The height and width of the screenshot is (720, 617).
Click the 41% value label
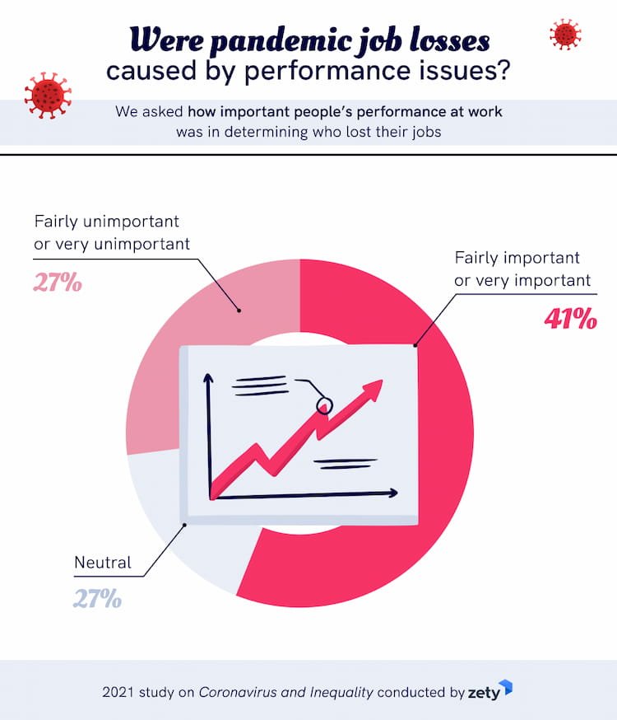point(570,319)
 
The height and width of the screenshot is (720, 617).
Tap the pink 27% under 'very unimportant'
point(58,283)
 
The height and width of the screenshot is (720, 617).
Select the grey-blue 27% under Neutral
point(97,598)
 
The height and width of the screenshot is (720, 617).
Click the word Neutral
point(103,563)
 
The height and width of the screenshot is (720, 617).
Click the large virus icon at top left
point(49,95)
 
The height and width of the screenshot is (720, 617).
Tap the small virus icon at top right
point(565,35)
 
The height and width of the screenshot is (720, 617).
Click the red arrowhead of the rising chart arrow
point(372,390)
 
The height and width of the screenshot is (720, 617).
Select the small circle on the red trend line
point(324,404)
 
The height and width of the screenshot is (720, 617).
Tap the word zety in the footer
point(484,693)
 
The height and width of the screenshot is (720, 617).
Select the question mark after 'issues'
point(502,71)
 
